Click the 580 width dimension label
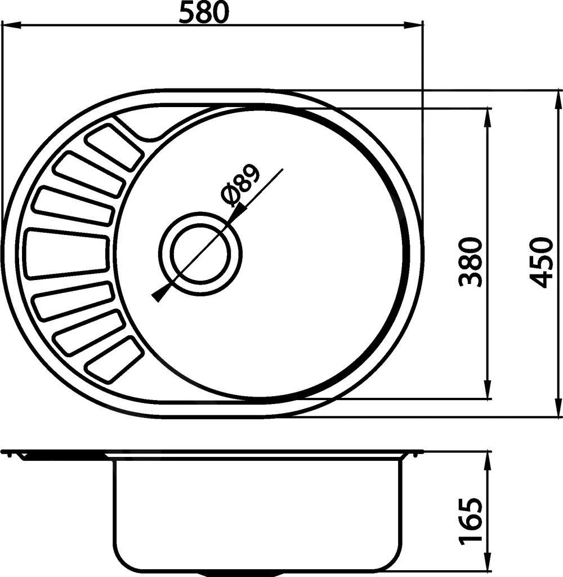click(204, 12)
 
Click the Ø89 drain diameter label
click(240, 186)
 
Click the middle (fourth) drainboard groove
click(66, 253)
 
